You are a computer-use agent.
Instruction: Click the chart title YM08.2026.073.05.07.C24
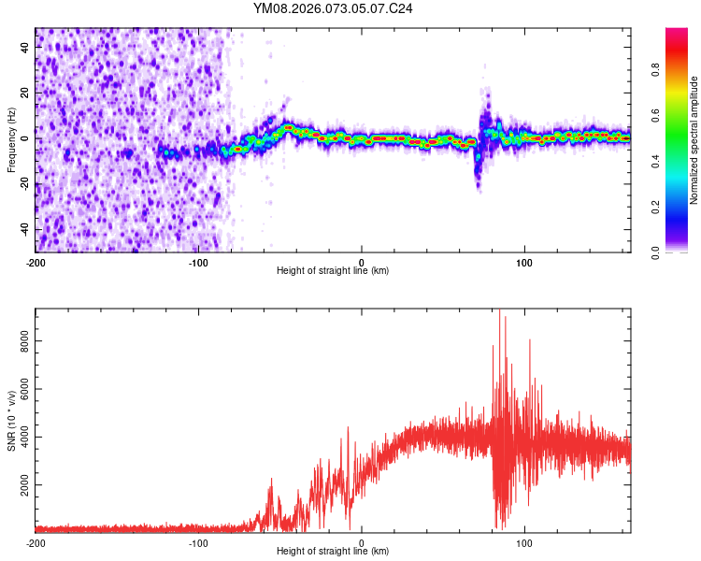point(333,8)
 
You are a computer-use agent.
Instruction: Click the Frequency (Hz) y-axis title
point(11,139)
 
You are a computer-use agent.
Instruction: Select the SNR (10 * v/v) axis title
point(11,420)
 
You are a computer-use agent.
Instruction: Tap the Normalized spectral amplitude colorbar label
point(694,141)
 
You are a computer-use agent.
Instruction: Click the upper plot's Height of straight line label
point(333,270)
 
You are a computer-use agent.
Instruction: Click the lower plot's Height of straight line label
point(333,551)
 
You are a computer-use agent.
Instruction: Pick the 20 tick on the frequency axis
point(24,93)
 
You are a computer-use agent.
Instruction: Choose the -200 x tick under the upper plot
point(36,262)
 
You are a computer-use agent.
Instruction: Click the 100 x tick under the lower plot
point(524,542)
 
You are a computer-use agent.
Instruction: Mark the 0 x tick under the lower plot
point(362,542)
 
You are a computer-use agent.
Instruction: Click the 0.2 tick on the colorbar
point(656,207)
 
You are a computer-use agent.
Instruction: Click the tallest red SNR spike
point(500,311)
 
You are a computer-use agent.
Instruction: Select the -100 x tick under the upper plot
point(198,262)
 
